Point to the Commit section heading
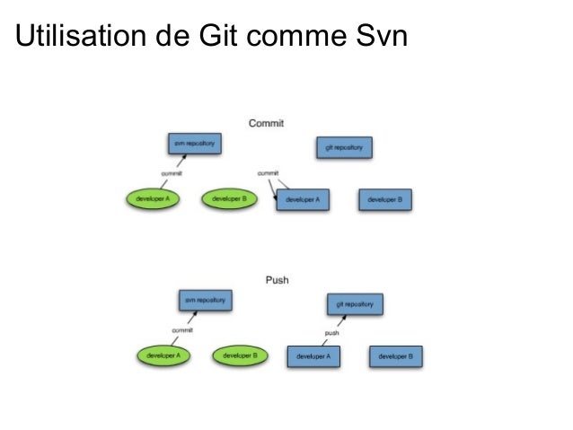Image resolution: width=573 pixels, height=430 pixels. coord(267,123)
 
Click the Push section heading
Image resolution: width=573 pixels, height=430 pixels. coord(277,280)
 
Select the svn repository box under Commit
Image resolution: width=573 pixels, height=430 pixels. coord(194,144)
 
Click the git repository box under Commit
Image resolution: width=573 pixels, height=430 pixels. coord(344,147)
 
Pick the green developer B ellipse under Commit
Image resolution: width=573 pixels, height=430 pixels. coord(230,198)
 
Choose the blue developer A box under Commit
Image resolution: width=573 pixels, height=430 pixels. coord(303,199)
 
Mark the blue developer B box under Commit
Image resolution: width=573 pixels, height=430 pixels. coord(385,199)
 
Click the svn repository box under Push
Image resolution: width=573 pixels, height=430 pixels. coord(204,300)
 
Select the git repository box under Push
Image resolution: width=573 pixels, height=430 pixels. coord(354,304)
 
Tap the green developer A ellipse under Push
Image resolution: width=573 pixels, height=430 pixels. coord(163,355)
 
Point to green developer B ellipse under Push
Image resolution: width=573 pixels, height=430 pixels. coord(241,355)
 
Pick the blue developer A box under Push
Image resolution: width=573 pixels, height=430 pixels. coord(313,356)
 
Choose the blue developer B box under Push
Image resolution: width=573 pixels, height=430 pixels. coord(395,356)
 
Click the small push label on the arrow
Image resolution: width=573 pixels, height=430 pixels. coord(331,333)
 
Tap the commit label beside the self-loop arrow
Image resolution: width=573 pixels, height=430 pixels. coord(268,172)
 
